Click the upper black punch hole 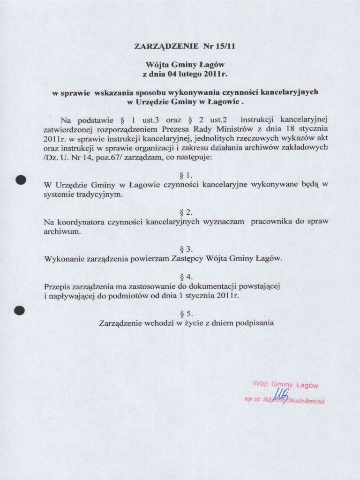point(20,180)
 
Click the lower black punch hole point(19,310)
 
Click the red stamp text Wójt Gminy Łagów point(285,385)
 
